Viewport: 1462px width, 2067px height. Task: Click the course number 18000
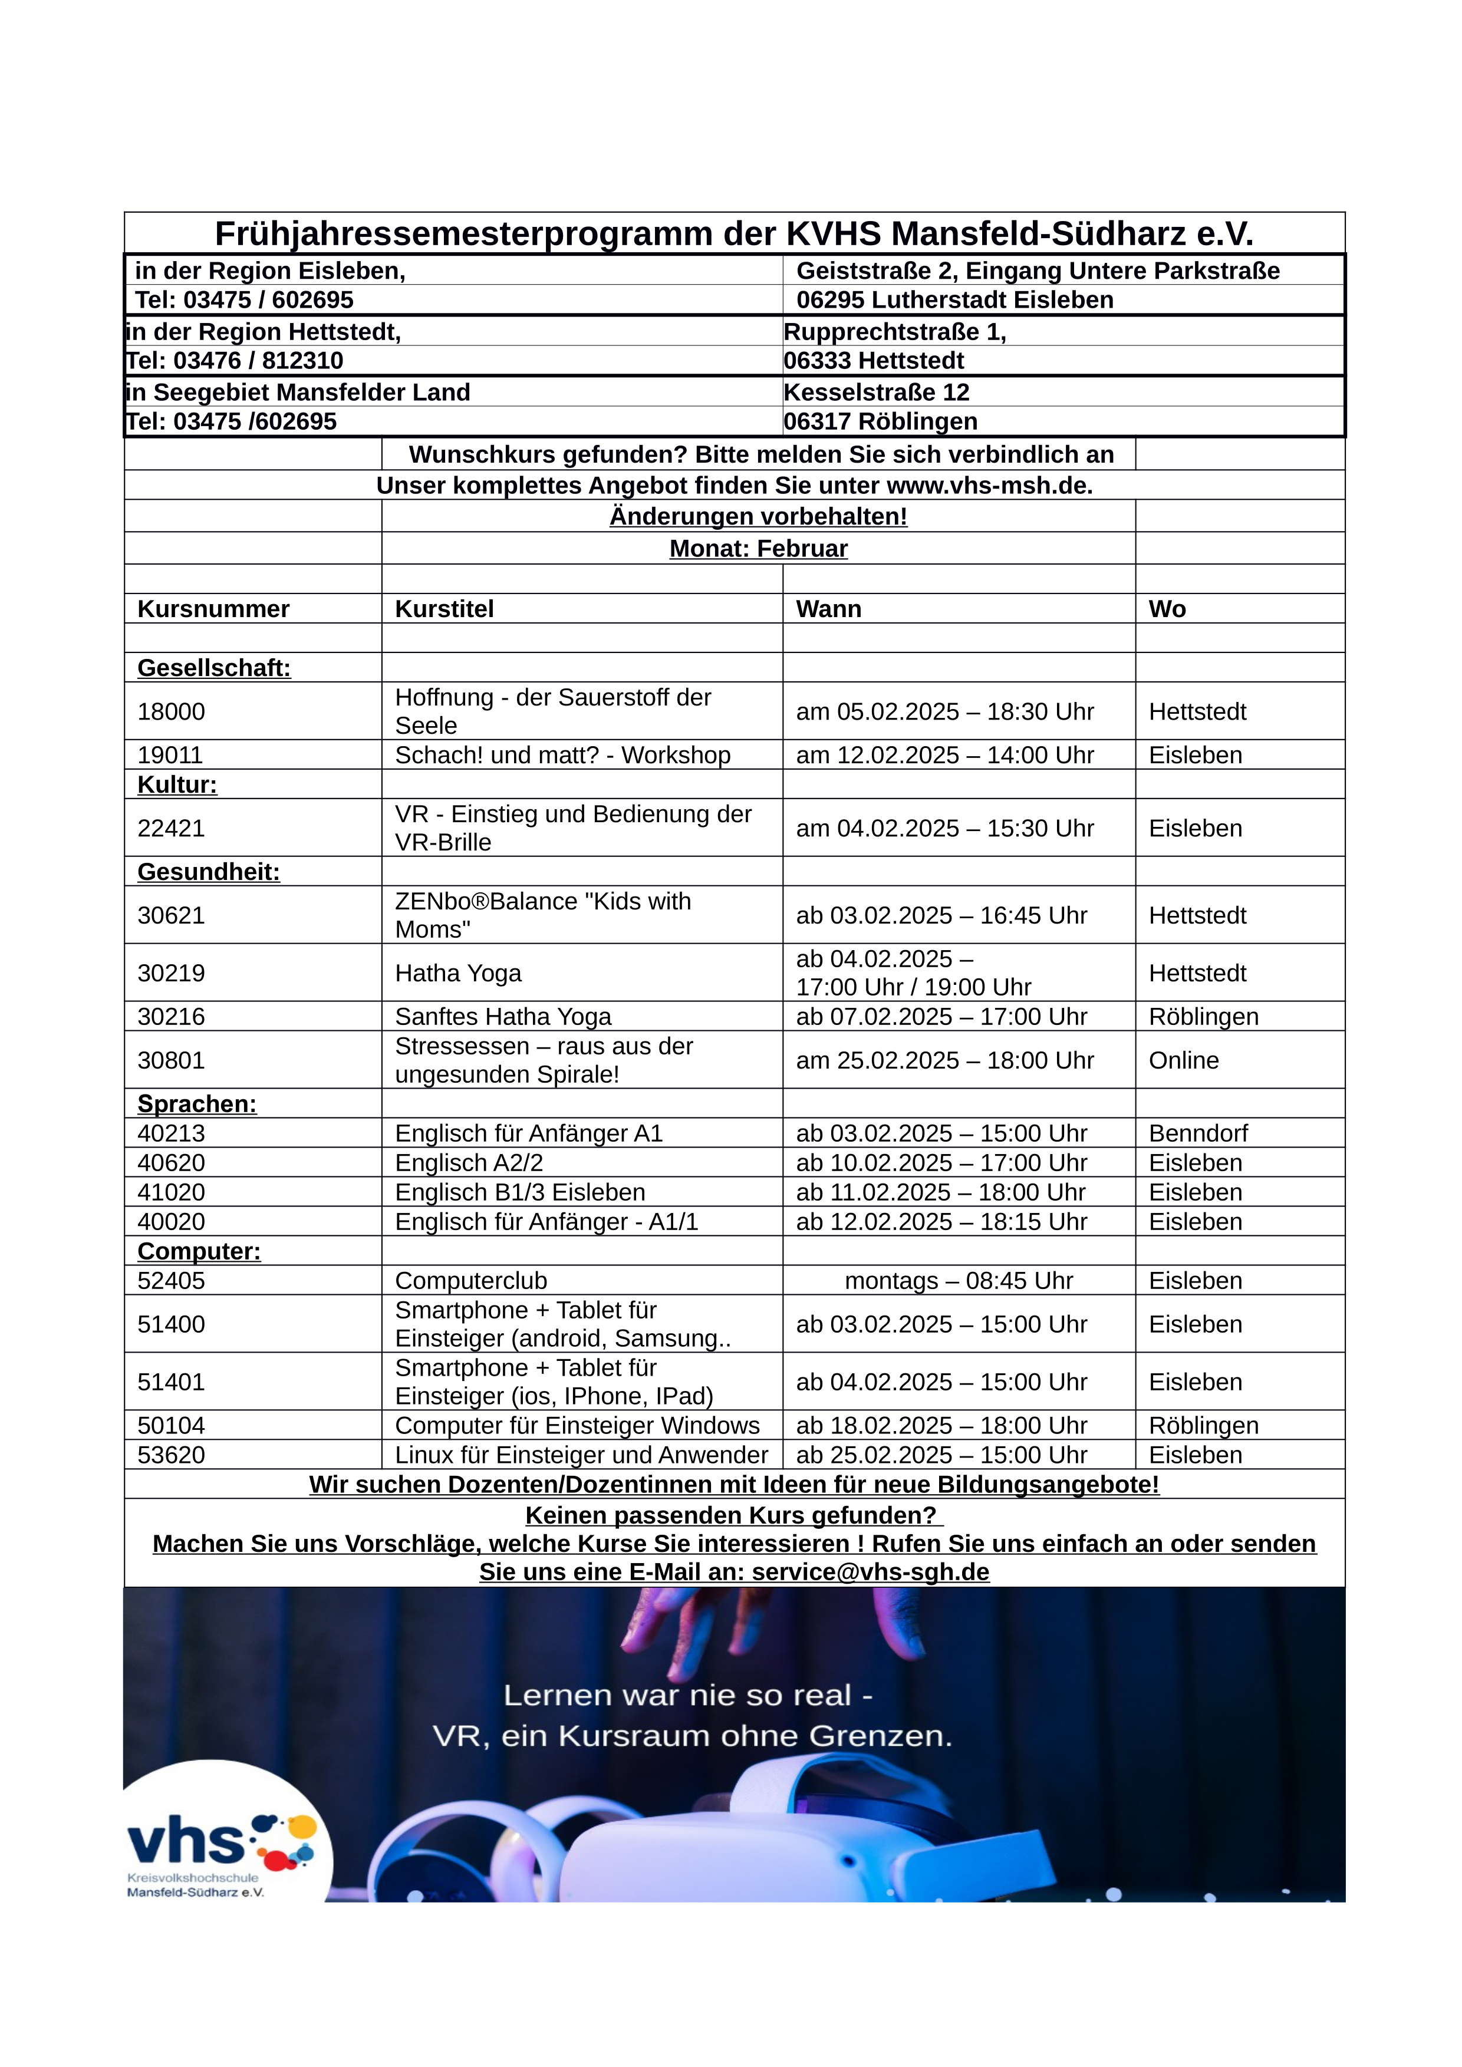[x=171, y=711]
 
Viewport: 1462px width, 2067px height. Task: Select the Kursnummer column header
[x=213, y=609]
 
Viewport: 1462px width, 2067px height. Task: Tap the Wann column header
[x=828, y=609]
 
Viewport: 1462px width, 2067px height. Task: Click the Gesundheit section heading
[x=208, y=872]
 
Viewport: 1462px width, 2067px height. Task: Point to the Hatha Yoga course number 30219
[x=171, y=973]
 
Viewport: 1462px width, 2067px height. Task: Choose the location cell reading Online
[x=1183, y=1060]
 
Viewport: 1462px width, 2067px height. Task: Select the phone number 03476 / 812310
[x=258, y=361]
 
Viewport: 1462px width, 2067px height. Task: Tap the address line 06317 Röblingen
[x=880, y=421]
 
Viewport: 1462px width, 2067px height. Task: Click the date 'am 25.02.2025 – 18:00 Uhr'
[x=944, y=1060]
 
